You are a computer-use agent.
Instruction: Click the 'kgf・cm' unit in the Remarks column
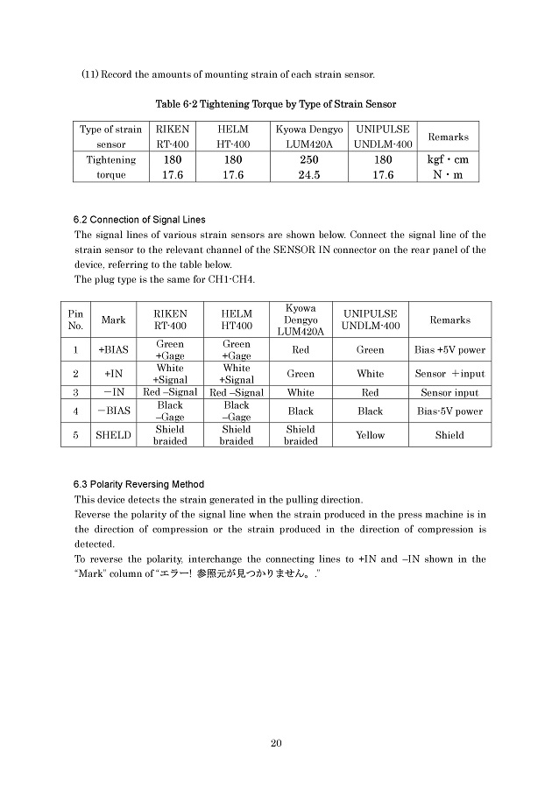click(x=448, y=160)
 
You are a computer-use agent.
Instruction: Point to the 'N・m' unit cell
click(x=448, y=174)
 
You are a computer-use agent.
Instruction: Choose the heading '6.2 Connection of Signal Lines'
click(x=140, y=219)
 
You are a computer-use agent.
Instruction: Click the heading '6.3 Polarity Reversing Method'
click(x=139, y=484)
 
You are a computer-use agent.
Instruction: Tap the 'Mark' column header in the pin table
click(x=114, y=320)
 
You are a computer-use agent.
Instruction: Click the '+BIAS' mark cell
click(x=114, y=350)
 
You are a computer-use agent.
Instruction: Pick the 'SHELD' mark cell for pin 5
click(x=114, y=435)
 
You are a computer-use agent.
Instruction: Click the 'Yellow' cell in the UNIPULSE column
click(x=370, y=435)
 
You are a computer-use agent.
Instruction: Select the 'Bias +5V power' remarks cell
click(x=449, y=350)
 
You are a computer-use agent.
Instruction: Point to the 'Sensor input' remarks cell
click(x=449, y=393)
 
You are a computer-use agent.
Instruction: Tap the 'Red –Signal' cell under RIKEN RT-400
click(x=170, y=393)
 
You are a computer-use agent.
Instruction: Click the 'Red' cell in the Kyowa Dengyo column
click(x=301, y=350)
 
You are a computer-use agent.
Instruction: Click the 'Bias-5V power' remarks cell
click(x=449, y=411)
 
